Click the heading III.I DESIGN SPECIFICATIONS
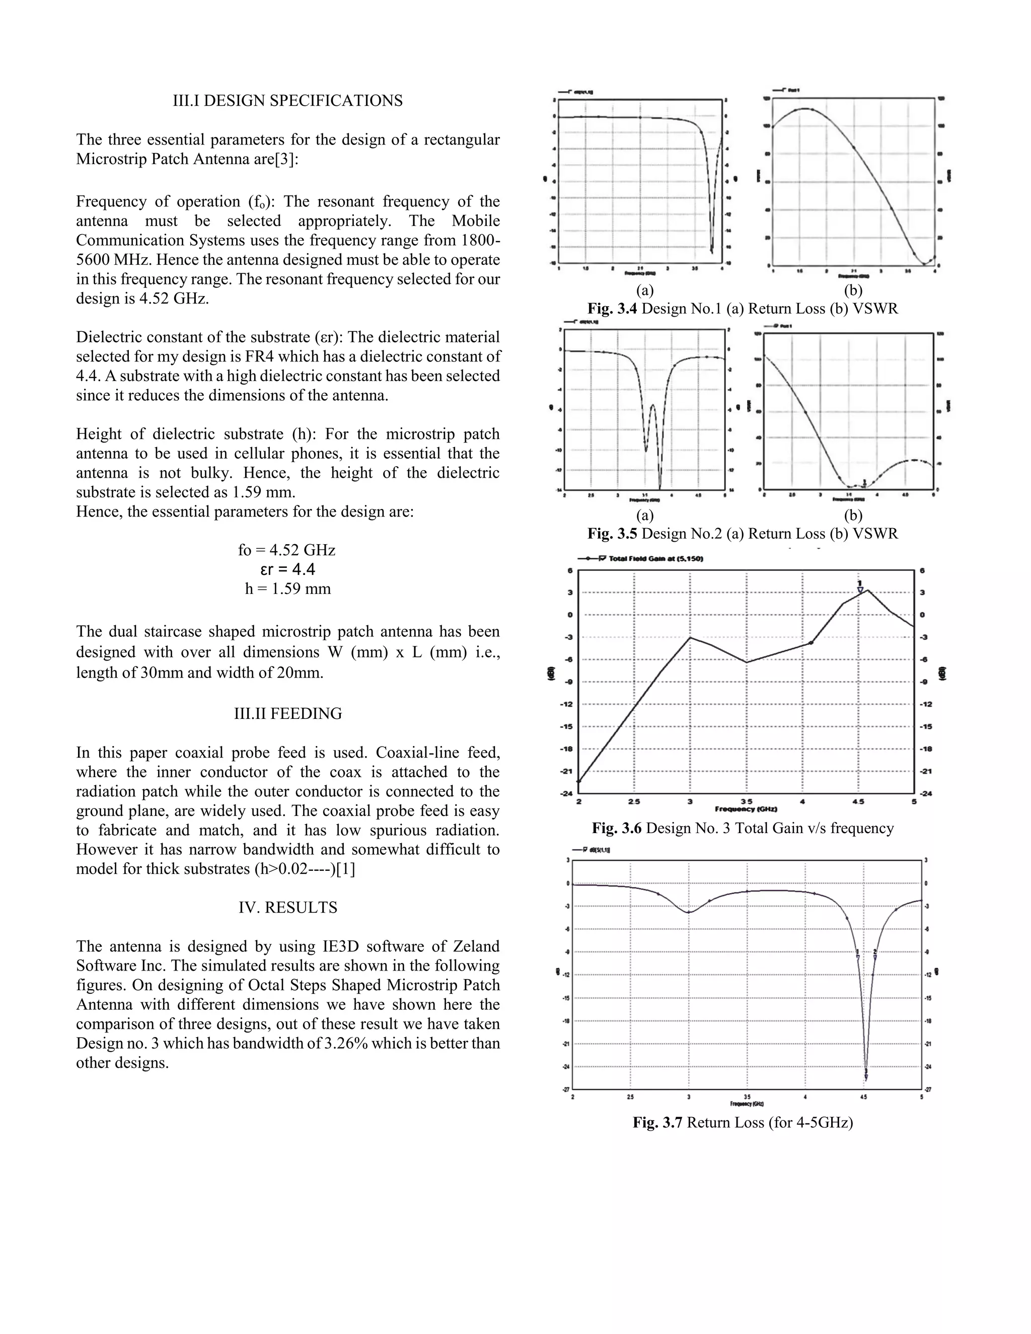pyautogui.click(x=287, y=101)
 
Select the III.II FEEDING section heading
pyautogui.click(x=287, y=713)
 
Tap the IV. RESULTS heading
pyautogui.click(x=287, y=908)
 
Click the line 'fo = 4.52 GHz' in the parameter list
pyautogui.click(x=286, y=550)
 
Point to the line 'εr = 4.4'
pyautogui.click(x=287, y=569)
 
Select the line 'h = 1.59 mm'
pyautogui.click(x=287, y=589)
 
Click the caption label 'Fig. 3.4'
pyautogui.click(x=612, y=309)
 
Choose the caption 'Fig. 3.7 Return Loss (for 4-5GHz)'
pyautogui.click(x=743, y=1123)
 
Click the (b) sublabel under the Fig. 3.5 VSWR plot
pyautogui.click(x=853, y=515)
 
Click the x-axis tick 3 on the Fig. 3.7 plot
pyautogui.click(x=688, y=1096)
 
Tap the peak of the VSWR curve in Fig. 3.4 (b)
pyautogui.click(x=805, y=109)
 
